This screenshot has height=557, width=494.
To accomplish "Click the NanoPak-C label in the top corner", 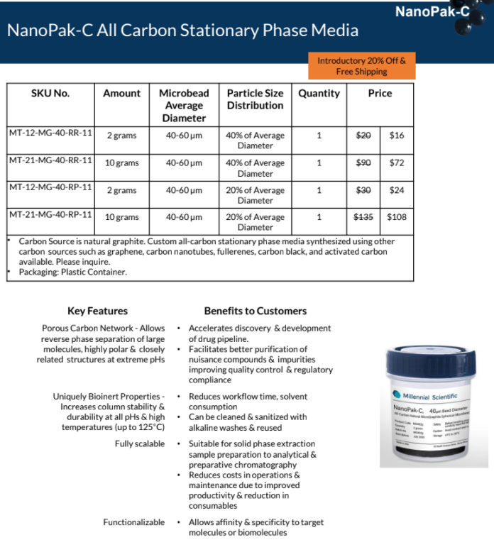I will tap(432, 11).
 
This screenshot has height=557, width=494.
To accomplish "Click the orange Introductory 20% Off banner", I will tap(361, 66).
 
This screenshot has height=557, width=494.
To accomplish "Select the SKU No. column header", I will tap(51, 93).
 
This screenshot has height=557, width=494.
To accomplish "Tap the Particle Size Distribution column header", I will tap(255, 99).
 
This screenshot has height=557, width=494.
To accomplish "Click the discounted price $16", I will tap(397, 136).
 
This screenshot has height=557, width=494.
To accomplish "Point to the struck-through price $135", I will tap(363, 217).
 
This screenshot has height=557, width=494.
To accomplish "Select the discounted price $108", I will tap(397, 217).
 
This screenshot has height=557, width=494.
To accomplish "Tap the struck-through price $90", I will tap(363, 162).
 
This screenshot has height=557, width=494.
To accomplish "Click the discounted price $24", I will tap(397, 190).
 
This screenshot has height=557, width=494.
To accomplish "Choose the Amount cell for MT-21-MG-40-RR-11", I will tap(122, 163).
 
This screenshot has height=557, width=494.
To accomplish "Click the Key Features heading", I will tap(98, 311).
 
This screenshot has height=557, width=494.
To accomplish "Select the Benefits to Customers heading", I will tap(255, 311).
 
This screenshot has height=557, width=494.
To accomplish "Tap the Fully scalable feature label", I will tap(140, 444).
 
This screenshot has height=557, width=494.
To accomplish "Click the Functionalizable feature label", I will tap(134, 522).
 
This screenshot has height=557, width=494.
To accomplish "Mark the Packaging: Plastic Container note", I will tap(73, 272).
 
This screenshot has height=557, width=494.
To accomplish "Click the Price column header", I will tap(380, 93).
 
